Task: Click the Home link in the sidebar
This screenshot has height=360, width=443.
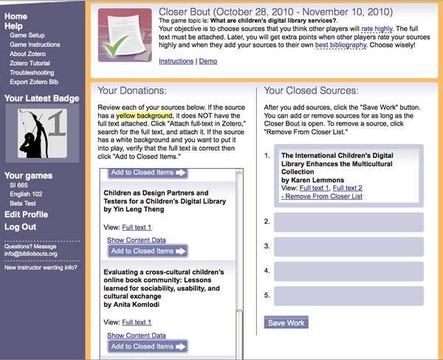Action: pyautogui.click(x=16, y=16)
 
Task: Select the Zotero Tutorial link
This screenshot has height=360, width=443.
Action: pyautogui.click(x=34, y=63)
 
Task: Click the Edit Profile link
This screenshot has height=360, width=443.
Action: pyautogui.click(x=26, y=215)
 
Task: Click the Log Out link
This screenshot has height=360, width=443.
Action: pyautogui.click(x=21, y=226)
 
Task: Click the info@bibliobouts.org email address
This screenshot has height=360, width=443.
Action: pyautogui.click(x=30, y=253)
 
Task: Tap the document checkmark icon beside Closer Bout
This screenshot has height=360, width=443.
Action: pyautogui.click(x=120, y=35)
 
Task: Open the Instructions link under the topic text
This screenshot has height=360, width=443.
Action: pyautogui.click(x=176, y=61)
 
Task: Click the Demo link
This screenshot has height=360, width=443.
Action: pyautogui.click(x=208, y=61)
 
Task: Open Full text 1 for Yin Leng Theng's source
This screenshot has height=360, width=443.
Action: pyautogui.click(x=137, y=227)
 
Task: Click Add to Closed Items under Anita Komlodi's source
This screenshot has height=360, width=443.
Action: pyautogui.click(x=148, y=346)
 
